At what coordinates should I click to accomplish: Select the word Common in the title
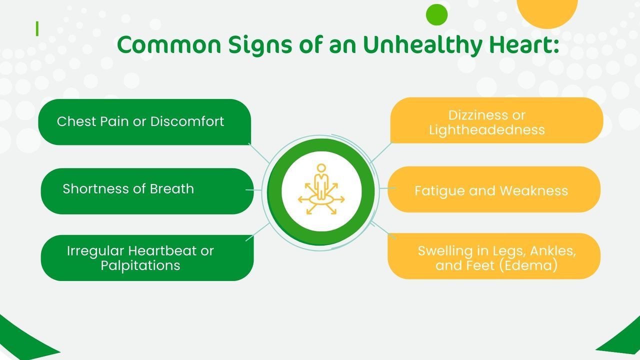[x=169, y=45]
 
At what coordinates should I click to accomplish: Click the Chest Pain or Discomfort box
[x=144, y=122]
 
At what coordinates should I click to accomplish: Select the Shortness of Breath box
[x=147, y=191]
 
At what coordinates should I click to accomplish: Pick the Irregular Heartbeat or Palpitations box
[x=147, y=258]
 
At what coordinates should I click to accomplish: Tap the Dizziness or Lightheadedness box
[x=497, y=120]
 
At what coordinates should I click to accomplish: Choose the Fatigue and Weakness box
[x=494, y=189]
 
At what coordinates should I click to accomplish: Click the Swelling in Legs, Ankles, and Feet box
[x=494, y=256]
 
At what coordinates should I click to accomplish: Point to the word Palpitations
[x=140, y=265]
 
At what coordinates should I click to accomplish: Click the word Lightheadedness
[x=487, y=130]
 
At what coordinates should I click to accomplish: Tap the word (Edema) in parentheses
[x=528, y=265]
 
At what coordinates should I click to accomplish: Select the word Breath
[x=171, y=189]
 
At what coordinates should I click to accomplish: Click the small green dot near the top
[x=436, y=14]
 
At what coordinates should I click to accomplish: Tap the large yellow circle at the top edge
[x=547, y=11]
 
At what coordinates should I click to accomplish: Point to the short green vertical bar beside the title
[x=37, y=29]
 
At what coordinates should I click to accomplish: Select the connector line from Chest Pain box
[x=259, y=153]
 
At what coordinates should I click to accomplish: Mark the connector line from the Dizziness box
[x=381, y=152]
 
